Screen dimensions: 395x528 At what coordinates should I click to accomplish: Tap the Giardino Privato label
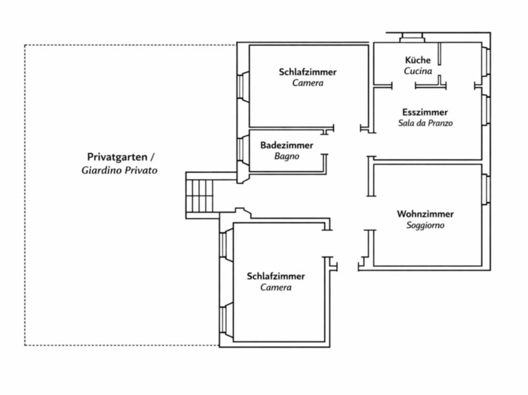[119, 170]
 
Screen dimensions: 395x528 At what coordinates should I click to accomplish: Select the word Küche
[418, 59]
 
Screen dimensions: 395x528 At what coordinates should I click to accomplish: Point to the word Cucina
[418, 70]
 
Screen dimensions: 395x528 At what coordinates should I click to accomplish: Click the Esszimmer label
[425, 112]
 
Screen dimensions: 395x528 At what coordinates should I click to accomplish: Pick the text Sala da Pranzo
[425, 123]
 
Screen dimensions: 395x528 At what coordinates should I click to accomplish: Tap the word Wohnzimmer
[426, 214]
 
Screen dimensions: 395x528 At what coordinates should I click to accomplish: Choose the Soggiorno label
[426, 225]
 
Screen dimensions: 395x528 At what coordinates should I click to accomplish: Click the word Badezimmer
[286, 145]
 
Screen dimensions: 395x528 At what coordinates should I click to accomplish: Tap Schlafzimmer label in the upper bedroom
[308, 72]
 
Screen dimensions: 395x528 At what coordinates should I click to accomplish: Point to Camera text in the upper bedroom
[308, 84]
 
